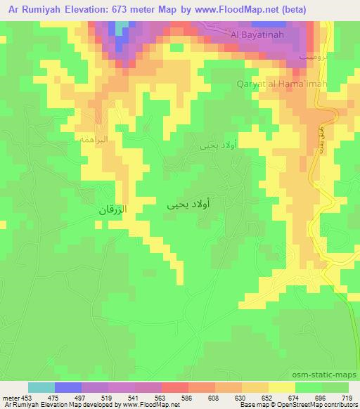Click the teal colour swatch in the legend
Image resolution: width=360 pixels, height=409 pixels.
click(x=41, y=388)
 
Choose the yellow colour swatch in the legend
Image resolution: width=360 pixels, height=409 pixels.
click(x=282, y=388)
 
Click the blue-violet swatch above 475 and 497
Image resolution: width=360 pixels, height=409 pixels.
click(x=68, y=388)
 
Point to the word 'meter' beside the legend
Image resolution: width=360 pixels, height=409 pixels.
click(x=11, y=398)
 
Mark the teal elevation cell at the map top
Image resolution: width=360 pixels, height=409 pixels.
click(x=123, y=27)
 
